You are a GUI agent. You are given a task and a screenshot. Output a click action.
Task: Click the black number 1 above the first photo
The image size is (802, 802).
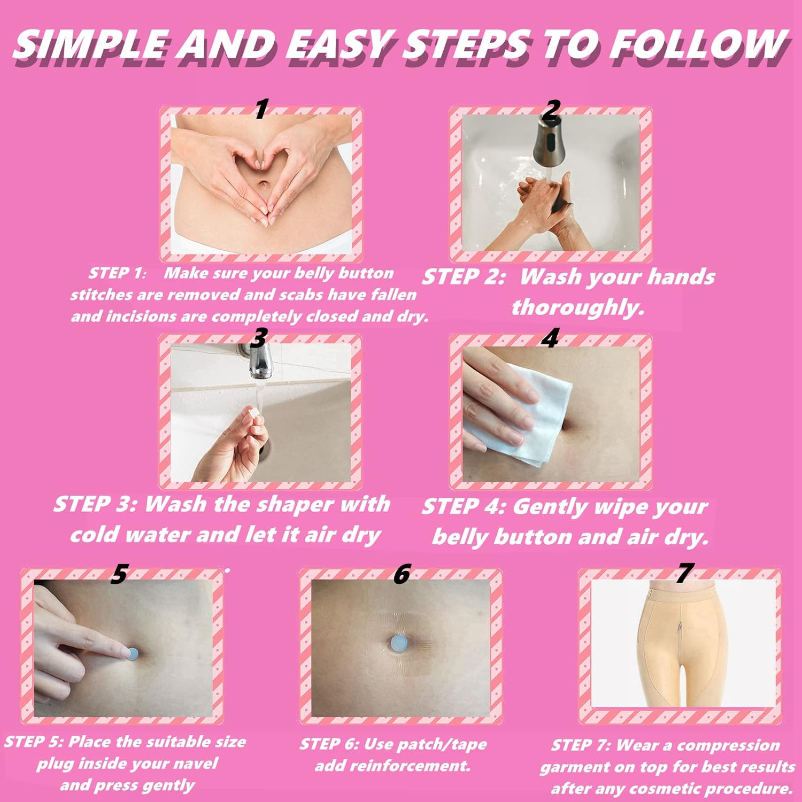click(x=261, y=109)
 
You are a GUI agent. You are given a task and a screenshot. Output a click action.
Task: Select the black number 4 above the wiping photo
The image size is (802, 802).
click(x=550, y=338)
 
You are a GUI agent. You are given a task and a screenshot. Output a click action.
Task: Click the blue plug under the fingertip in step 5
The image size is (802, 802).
click(x=133, y=653)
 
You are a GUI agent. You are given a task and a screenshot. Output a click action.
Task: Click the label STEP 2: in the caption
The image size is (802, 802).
click(x=463, y=277)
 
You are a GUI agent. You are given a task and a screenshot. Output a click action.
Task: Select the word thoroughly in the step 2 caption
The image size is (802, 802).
click(x=577, y=307)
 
